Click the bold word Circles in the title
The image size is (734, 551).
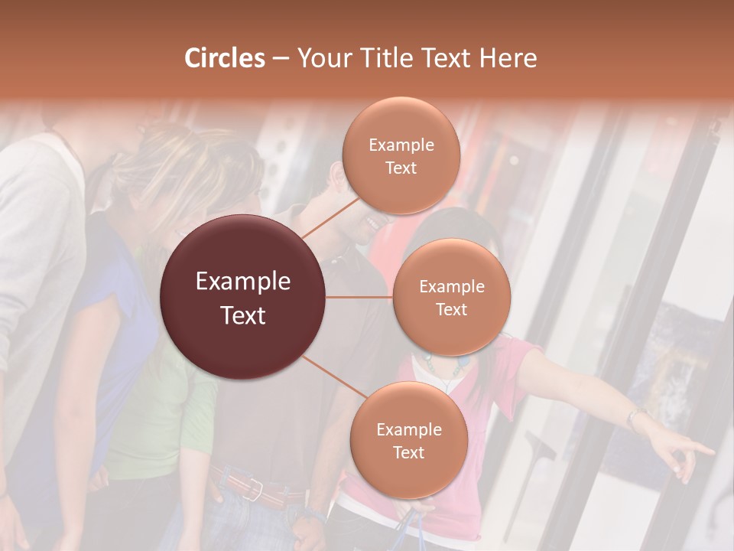point(224,57)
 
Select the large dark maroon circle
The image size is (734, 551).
point(243,297)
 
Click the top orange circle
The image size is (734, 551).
point(401,156)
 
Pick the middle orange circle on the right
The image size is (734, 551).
point(451,298)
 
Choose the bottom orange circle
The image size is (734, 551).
point(408,441)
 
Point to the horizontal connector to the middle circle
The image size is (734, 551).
point(359,297)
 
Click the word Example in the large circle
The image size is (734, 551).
point(243,281)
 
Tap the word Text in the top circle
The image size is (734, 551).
point(401,168)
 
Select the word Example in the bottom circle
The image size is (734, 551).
point(408,429)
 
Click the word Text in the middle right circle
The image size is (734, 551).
point(451,309)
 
